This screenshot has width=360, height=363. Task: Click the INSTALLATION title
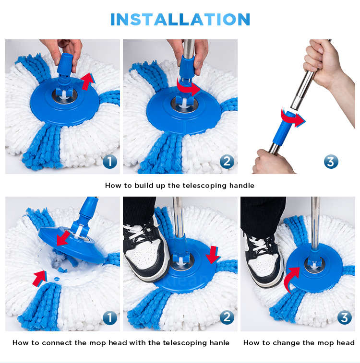[x=180, y=19]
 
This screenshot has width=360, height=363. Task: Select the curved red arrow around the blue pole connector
[x=293, y=118]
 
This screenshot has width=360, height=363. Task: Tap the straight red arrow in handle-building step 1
[x=88, y=81]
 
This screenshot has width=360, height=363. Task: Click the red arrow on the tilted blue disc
[x=63, y=238]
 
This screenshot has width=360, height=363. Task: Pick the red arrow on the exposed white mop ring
[x=40, y=279]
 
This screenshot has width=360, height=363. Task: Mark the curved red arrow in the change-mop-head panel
[x=291, y=280]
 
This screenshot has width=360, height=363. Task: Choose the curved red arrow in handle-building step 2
[x=188, y=87]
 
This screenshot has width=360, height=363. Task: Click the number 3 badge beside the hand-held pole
[x=331, y=162]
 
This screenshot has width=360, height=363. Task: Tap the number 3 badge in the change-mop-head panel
[x=344, y=317]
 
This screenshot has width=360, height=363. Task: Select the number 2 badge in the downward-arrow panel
[x=227, y=317]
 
